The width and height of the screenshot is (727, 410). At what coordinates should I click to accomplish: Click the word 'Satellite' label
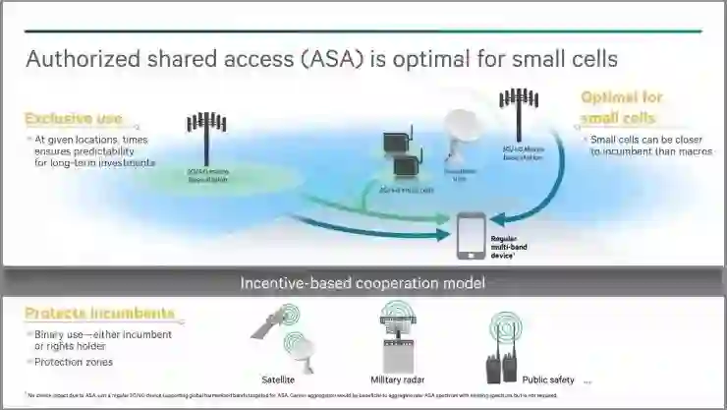[x=278, y=379]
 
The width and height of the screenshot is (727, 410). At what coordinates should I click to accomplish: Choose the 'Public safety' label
[x=548, y=379]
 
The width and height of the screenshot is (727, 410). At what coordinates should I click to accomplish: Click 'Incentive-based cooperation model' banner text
[x=363, y=283]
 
